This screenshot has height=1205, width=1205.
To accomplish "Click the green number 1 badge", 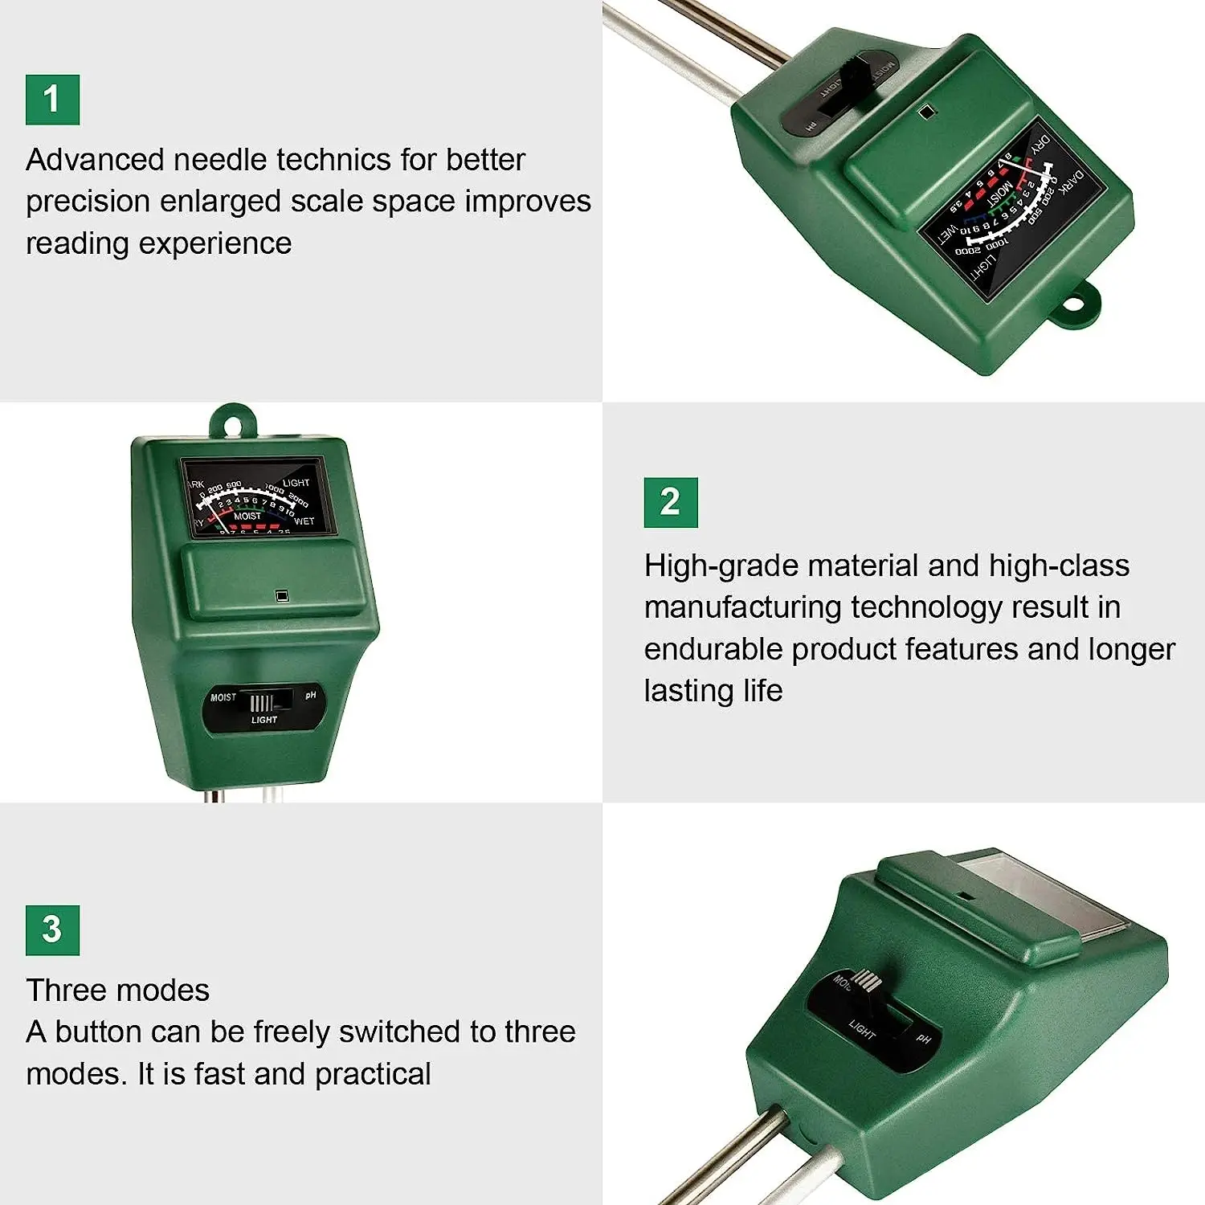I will pos(52,100).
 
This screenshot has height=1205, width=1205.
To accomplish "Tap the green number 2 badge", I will pos(670,502).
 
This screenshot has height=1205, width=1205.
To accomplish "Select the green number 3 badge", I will pos(52,929).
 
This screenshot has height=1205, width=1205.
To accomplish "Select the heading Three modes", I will pos(117,990).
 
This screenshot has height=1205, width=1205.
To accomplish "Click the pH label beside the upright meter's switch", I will pos(311,695).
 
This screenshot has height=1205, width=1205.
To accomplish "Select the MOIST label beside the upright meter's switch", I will pos(223,697).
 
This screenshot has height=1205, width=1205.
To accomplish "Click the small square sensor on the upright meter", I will pos(281,595).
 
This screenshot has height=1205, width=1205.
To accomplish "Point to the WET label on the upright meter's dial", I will pos(304,521).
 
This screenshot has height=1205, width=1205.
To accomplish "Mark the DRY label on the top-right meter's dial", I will pos(1040,145).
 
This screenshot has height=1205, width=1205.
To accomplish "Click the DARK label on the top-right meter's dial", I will pos(1072,182).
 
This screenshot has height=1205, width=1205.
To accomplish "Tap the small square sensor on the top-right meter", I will pos(925,112).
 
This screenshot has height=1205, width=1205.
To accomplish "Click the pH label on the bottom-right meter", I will pos(923,1039).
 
